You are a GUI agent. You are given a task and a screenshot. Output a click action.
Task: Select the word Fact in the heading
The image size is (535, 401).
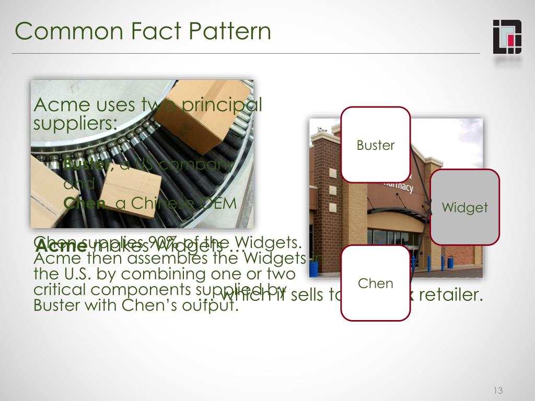point(153,31)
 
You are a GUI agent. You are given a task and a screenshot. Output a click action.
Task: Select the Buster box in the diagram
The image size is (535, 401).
point(375,145)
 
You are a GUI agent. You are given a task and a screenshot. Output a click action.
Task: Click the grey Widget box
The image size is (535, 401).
point(464,207)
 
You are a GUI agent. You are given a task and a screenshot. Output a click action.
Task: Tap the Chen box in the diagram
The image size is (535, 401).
point(375,283)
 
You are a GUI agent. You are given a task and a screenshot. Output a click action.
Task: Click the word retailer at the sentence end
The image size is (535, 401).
point(450,296)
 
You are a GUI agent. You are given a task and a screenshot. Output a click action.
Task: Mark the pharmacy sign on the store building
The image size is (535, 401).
point(397,186)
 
